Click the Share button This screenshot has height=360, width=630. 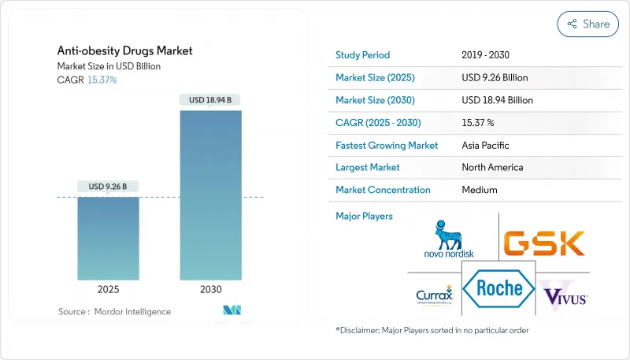(588, 24)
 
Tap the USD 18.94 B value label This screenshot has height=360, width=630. (210, 100)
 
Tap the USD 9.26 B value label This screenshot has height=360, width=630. (108, 187)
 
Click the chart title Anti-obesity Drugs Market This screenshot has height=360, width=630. (124, 51)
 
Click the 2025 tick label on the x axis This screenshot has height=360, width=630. (108, 289)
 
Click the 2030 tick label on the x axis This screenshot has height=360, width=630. (210, 289)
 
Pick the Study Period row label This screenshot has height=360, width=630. (362, 56)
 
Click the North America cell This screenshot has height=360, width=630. (493, 167)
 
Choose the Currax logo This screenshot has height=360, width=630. (435, 296)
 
